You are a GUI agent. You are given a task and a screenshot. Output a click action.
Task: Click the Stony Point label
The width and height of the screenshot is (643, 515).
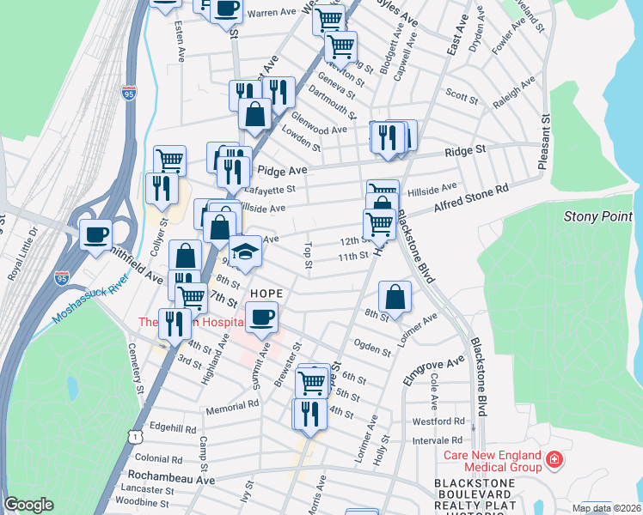coord(597,216)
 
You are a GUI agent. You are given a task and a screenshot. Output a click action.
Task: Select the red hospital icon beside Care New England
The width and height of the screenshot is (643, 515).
coord(554,459)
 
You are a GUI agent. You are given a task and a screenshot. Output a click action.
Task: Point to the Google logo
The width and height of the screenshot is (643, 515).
coord(28,505)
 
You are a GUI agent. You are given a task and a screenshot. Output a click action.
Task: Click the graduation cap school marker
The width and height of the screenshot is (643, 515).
coord(245,251)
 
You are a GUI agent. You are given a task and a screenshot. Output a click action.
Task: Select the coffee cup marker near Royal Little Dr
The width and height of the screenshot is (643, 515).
coord(95,233)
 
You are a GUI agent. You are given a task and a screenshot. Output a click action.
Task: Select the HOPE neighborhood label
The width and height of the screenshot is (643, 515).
coord(266,293)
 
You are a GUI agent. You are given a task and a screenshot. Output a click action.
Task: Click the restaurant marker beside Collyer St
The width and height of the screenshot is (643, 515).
coord(161,187)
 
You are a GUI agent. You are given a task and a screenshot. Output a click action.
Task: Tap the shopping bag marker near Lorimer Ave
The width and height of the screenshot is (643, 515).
coord(394,297)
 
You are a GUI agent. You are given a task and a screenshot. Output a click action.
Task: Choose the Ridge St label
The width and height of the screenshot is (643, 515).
coord(465,149)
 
